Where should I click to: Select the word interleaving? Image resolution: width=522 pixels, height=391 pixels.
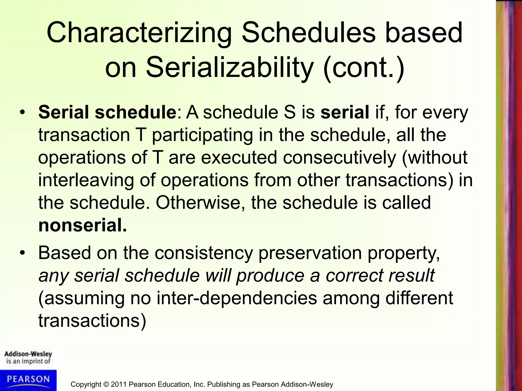point(86,180)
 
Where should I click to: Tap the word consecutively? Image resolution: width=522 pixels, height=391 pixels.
point(339,158)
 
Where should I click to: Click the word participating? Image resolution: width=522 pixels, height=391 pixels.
point(202,135)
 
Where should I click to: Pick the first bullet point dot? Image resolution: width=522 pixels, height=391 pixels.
point(23,112)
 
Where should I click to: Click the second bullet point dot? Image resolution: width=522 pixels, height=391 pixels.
point(23,253)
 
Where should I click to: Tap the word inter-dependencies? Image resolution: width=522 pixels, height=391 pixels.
point(237,298)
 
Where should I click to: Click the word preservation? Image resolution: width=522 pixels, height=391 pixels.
point(310,253)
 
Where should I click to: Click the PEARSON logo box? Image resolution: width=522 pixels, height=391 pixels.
point(28,380)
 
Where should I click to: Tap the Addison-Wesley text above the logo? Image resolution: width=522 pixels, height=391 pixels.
point(28,354)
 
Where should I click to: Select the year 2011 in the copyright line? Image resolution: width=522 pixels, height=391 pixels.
point(119,384)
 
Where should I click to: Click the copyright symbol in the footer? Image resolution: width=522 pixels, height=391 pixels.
point(106,384)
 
